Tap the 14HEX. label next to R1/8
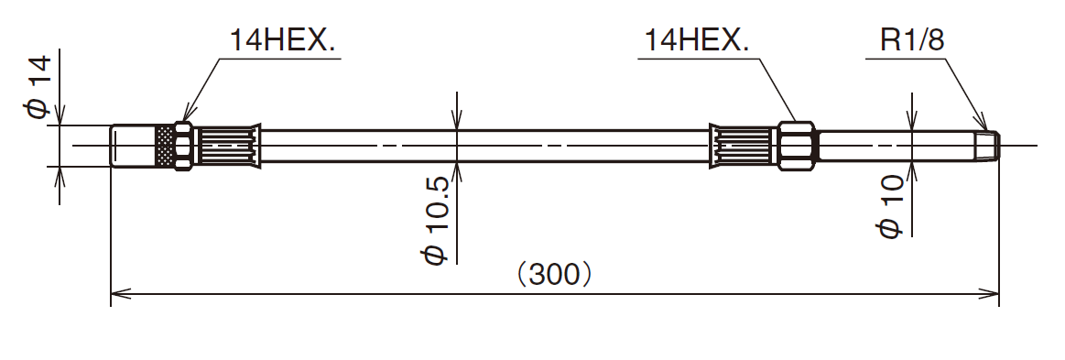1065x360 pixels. coord(697,41)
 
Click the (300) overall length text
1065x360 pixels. coord(553,274)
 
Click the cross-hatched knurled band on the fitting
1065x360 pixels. coord(165,146)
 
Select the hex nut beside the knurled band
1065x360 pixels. coord(183,146)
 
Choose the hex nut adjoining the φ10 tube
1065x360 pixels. coord(796,146)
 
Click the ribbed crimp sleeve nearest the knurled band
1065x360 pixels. coord(228,146)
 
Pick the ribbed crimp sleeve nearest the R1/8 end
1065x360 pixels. coord(744,146)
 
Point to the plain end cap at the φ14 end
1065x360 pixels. coord(133,146)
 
